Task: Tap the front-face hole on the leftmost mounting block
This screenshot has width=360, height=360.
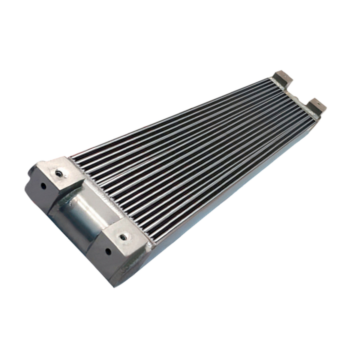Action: (x=44, y=186)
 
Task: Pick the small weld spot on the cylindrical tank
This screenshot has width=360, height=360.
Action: (x=71, y=205)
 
